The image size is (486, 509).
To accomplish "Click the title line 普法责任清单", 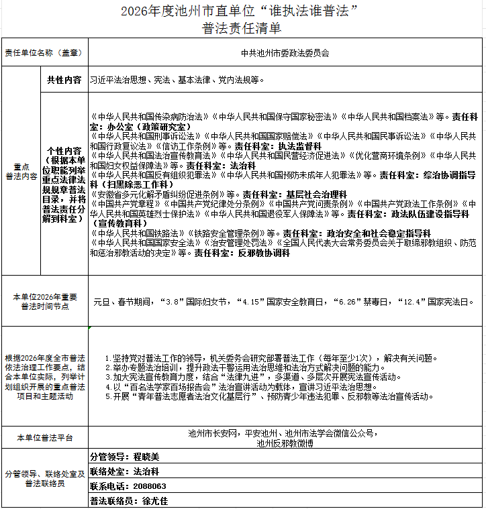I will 242,28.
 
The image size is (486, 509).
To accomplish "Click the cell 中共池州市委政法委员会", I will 285,53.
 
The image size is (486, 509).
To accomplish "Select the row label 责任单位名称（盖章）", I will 44,53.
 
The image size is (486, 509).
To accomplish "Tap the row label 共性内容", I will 64,80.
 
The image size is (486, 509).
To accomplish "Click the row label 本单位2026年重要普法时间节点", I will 44,301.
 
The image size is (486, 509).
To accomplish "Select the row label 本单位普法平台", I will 44,437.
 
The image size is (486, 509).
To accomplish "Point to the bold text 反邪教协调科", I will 262,253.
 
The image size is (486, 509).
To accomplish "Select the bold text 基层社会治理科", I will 318,194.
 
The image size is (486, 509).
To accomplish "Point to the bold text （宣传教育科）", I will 119,223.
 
